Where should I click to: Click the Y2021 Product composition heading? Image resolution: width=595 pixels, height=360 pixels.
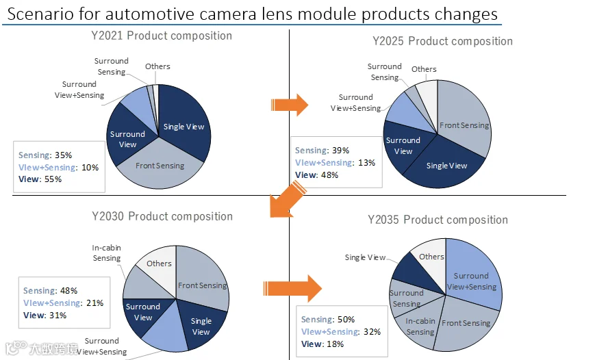click(162, 36)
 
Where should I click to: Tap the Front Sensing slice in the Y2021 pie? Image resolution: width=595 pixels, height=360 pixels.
click(160, 167)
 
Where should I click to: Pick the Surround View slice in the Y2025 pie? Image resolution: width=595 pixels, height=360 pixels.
click(404, 146)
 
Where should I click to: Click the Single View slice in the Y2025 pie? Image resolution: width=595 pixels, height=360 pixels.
click(446, 165)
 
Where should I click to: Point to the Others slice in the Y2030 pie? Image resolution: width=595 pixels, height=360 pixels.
click(157, 266)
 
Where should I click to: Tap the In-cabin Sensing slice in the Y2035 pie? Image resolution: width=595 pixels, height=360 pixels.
click(419, 326)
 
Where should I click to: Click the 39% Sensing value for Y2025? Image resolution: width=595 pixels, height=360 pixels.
click(340, 150)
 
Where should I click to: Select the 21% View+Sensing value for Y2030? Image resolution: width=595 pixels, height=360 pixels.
click(94, 303)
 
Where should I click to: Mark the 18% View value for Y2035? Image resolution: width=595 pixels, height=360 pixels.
click(335, 344)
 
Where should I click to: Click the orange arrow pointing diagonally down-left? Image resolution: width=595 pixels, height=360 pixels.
click(287, 199)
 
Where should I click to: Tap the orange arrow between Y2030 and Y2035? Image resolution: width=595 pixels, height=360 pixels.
click(292, 288)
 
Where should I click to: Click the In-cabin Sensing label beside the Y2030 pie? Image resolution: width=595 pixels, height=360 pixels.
click(107, 253)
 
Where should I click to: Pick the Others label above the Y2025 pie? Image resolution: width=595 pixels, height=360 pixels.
click(424, 69)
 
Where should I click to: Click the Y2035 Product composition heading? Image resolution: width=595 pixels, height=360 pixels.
click(438, 220)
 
